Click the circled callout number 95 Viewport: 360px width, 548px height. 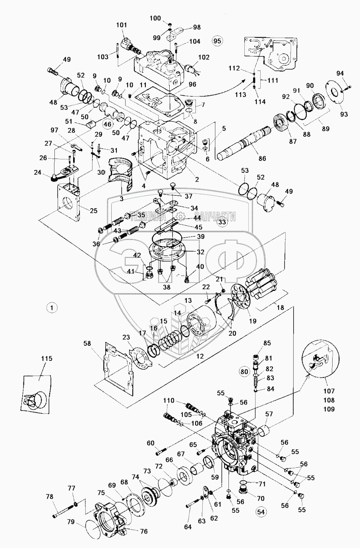[218, 41]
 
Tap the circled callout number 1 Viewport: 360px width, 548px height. [52, 307]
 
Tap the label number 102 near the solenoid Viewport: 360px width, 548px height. [203, 57]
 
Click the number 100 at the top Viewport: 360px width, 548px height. [156, 18]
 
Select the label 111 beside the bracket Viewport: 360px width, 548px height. [273, 80]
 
